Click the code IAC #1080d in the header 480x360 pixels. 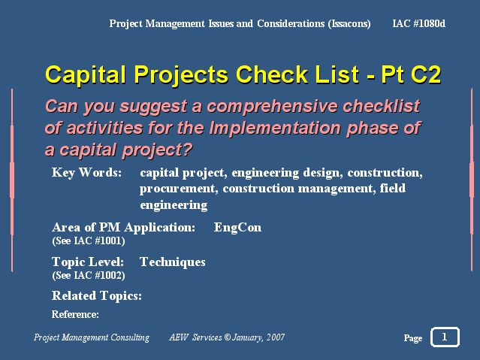pyautogui.click(x=418, y=23)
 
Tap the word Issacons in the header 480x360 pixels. pyautogui.click(x=349, y=24)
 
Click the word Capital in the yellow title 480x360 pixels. pyautogui.click(x=86, y=74)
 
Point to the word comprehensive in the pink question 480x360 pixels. pyautogui.click(x=272, y=107)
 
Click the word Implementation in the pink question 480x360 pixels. pyautogui.click(x=275, y=128)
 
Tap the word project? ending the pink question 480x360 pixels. pyautogui.click(x=157, y=150)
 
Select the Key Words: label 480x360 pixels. pyautogui.click(x=86, y=173)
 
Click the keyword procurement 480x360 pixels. pyautogui.click(x=179, y=189)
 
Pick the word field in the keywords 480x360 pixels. pyautogui.click(x=393, y=188)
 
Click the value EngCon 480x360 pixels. pyautogui.click(x=237, y=228)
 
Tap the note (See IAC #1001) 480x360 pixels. pyautogui.click(x=89, y=241)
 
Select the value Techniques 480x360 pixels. pyautogui.click(x=173, y=262)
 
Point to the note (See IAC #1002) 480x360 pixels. pyautogui.click(x=89, y=275)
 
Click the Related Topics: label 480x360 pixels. pyautogui.click(x=97, y=296)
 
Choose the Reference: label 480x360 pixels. pyautogui.click(x=75, y=314)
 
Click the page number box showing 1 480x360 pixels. pyautogui.click(x=445, y=337)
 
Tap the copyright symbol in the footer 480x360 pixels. pyautogui.click(x=227, y=337)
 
